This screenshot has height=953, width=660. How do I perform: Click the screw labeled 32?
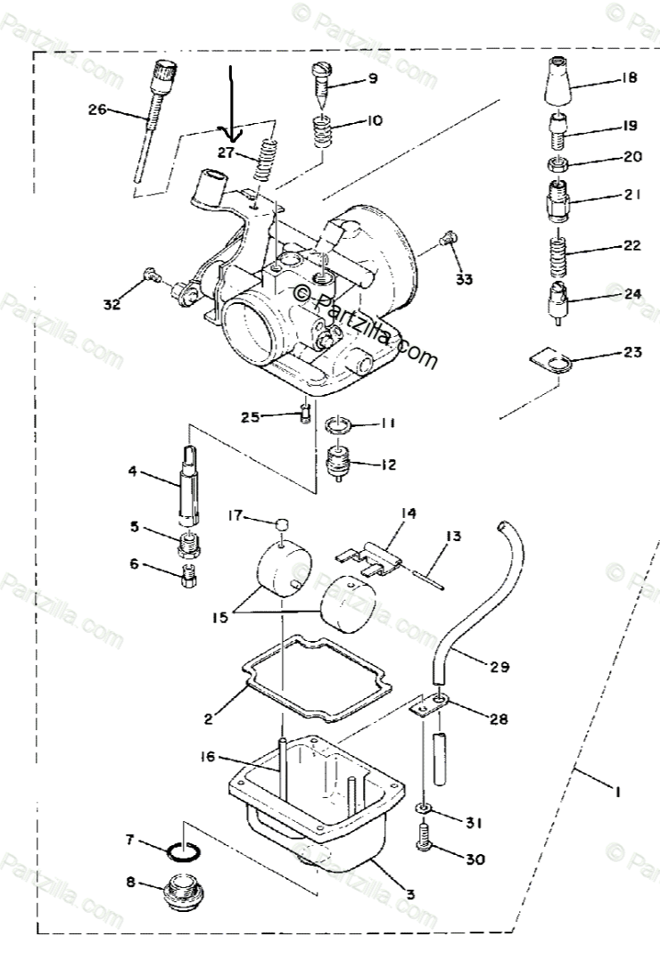coord(152,276)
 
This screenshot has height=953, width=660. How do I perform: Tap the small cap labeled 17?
coord(283,522)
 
